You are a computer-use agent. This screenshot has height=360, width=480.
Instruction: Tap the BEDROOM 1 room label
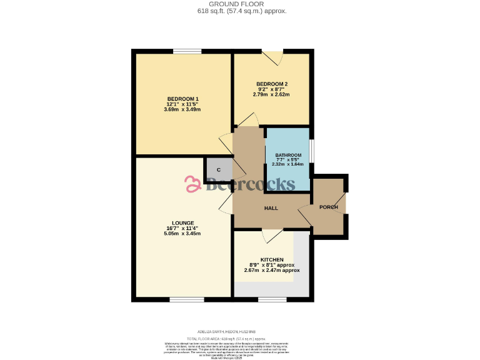pyautogui.click(x=182, y=99)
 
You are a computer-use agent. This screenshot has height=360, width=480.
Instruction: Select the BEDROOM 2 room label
pyautogui.click(x=271, y=84)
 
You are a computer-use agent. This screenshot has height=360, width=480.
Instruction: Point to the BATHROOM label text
pyautogui.click(x=288, y=155)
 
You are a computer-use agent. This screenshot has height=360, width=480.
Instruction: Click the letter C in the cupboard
pyautogui.click(x=219, y=169)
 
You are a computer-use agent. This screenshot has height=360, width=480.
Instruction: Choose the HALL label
pyautogui.click(x=271, y=208)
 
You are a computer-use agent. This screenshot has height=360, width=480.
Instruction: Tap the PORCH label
pyautogui.click(x=328, y=207)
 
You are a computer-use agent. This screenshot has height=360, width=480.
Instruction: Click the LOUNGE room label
pyautogui.click(x=182, y=223)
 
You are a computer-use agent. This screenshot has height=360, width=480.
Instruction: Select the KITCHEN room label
pyautogui.click(x=272, y=259)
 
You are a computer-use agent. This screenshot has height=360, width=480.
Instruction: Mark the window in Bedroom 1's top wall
pyautogui.click(x=186, y=51)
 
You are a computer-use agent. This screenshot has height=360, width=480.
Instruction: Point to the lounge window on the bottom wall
pyautogui.click(x=186, y=300)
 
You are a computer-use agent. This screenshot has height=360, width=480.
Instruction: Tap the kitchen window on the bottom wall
pyautogui.click(x=272, y=300)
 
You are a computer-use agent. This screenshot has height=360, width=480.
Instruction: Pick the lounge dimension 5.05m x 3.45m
pyautogui.click(x=182, y=234)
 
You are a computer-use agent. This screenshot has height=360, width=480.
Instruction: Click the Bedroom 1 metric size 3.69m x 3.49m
pyautogui.click(x=182, y=109)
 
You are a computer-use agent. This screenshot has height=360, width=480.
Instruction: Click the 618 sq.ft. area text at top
pyautogui.click(x=242, y=11)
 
